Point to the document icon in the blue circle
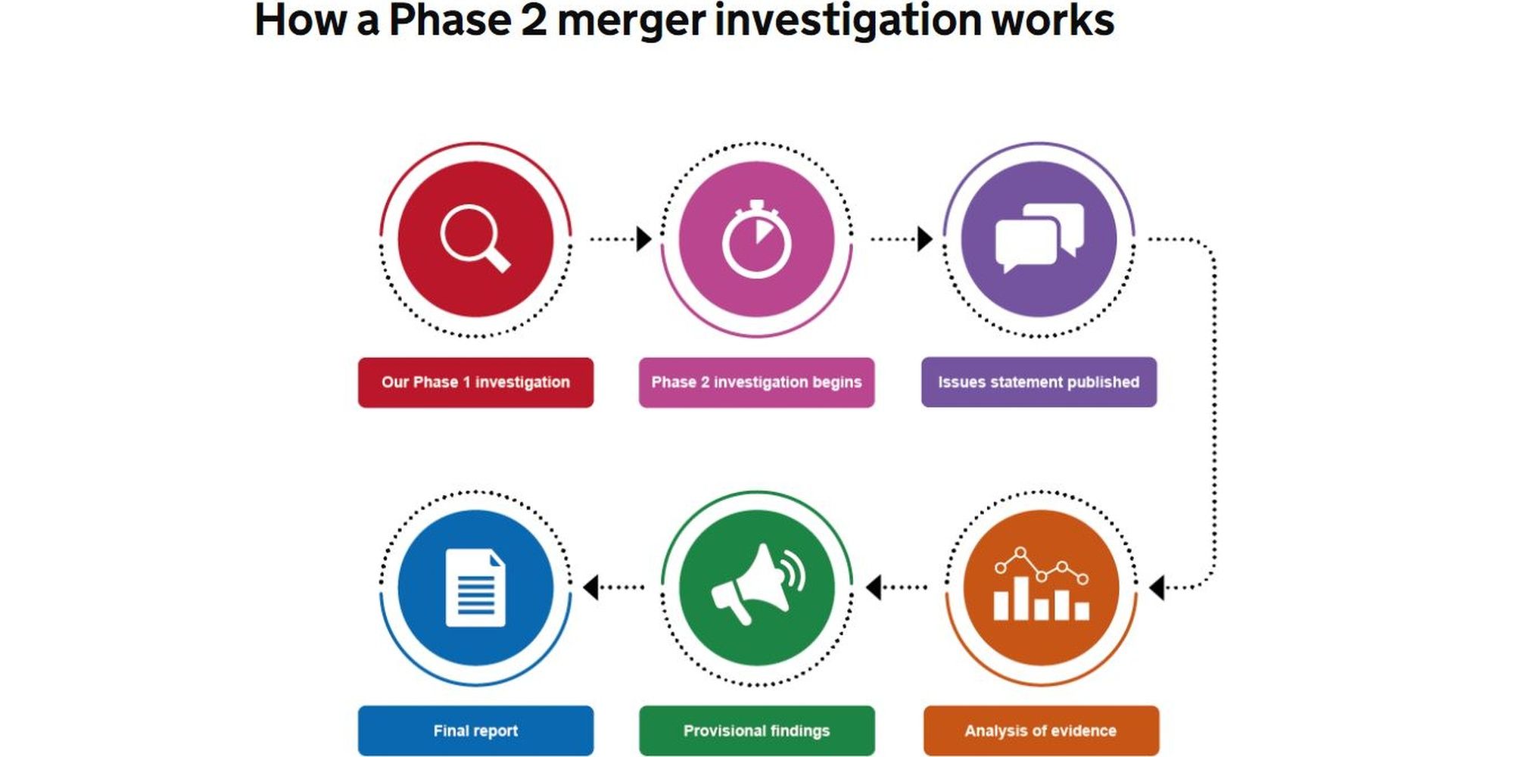coord(475,587)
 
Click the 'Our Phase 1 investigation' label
coord(475,382)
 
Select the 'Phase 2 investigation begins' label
coord(756,382)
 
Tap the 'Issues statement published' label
coord(1039,382)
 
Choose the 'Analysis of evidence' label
coord(1041,731)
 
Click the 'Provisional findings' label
coord(756,731)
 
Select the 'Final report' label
coord(475,731)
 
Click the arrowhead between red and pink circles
coord(643,238)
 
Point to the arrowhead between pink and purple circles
coord(924,238)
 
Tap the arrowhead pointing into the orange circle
coord(1157,587)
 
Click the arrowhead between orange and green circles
coord(874,587)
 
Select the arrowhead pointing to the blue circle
coord(591,587)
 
